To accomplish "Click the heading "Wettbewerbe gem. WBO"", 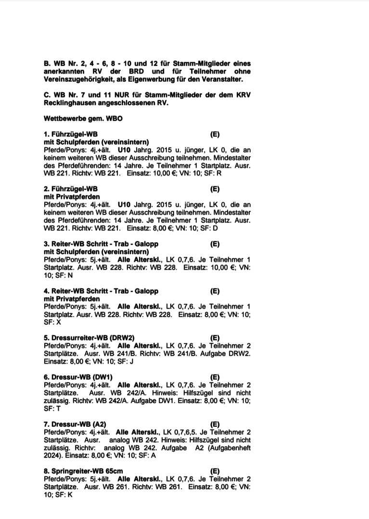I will click(83, 119).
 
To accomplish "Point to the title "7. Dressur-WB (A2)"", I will click(75, 424).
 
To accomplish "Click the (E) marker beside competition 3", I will click(215, 244).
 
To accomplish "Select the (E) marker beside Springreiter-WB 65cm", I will click(215, 471).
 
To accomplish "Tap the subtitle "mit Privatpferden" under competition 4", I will click(72, 299).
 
